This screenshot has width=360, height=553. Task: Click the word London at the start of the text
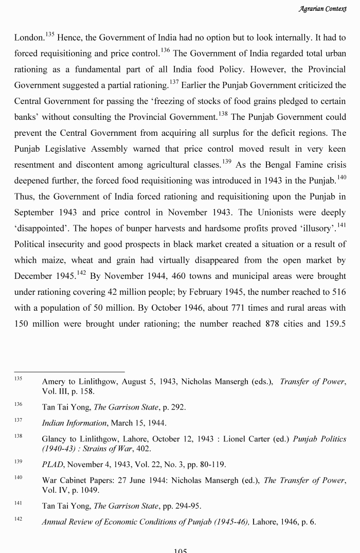(x=29, y=38)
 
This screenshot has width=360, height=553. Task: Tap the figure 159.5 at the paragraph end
(x=335, y=324)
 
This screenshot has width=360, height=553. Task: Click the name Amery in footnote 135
(x=53, y=382)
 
